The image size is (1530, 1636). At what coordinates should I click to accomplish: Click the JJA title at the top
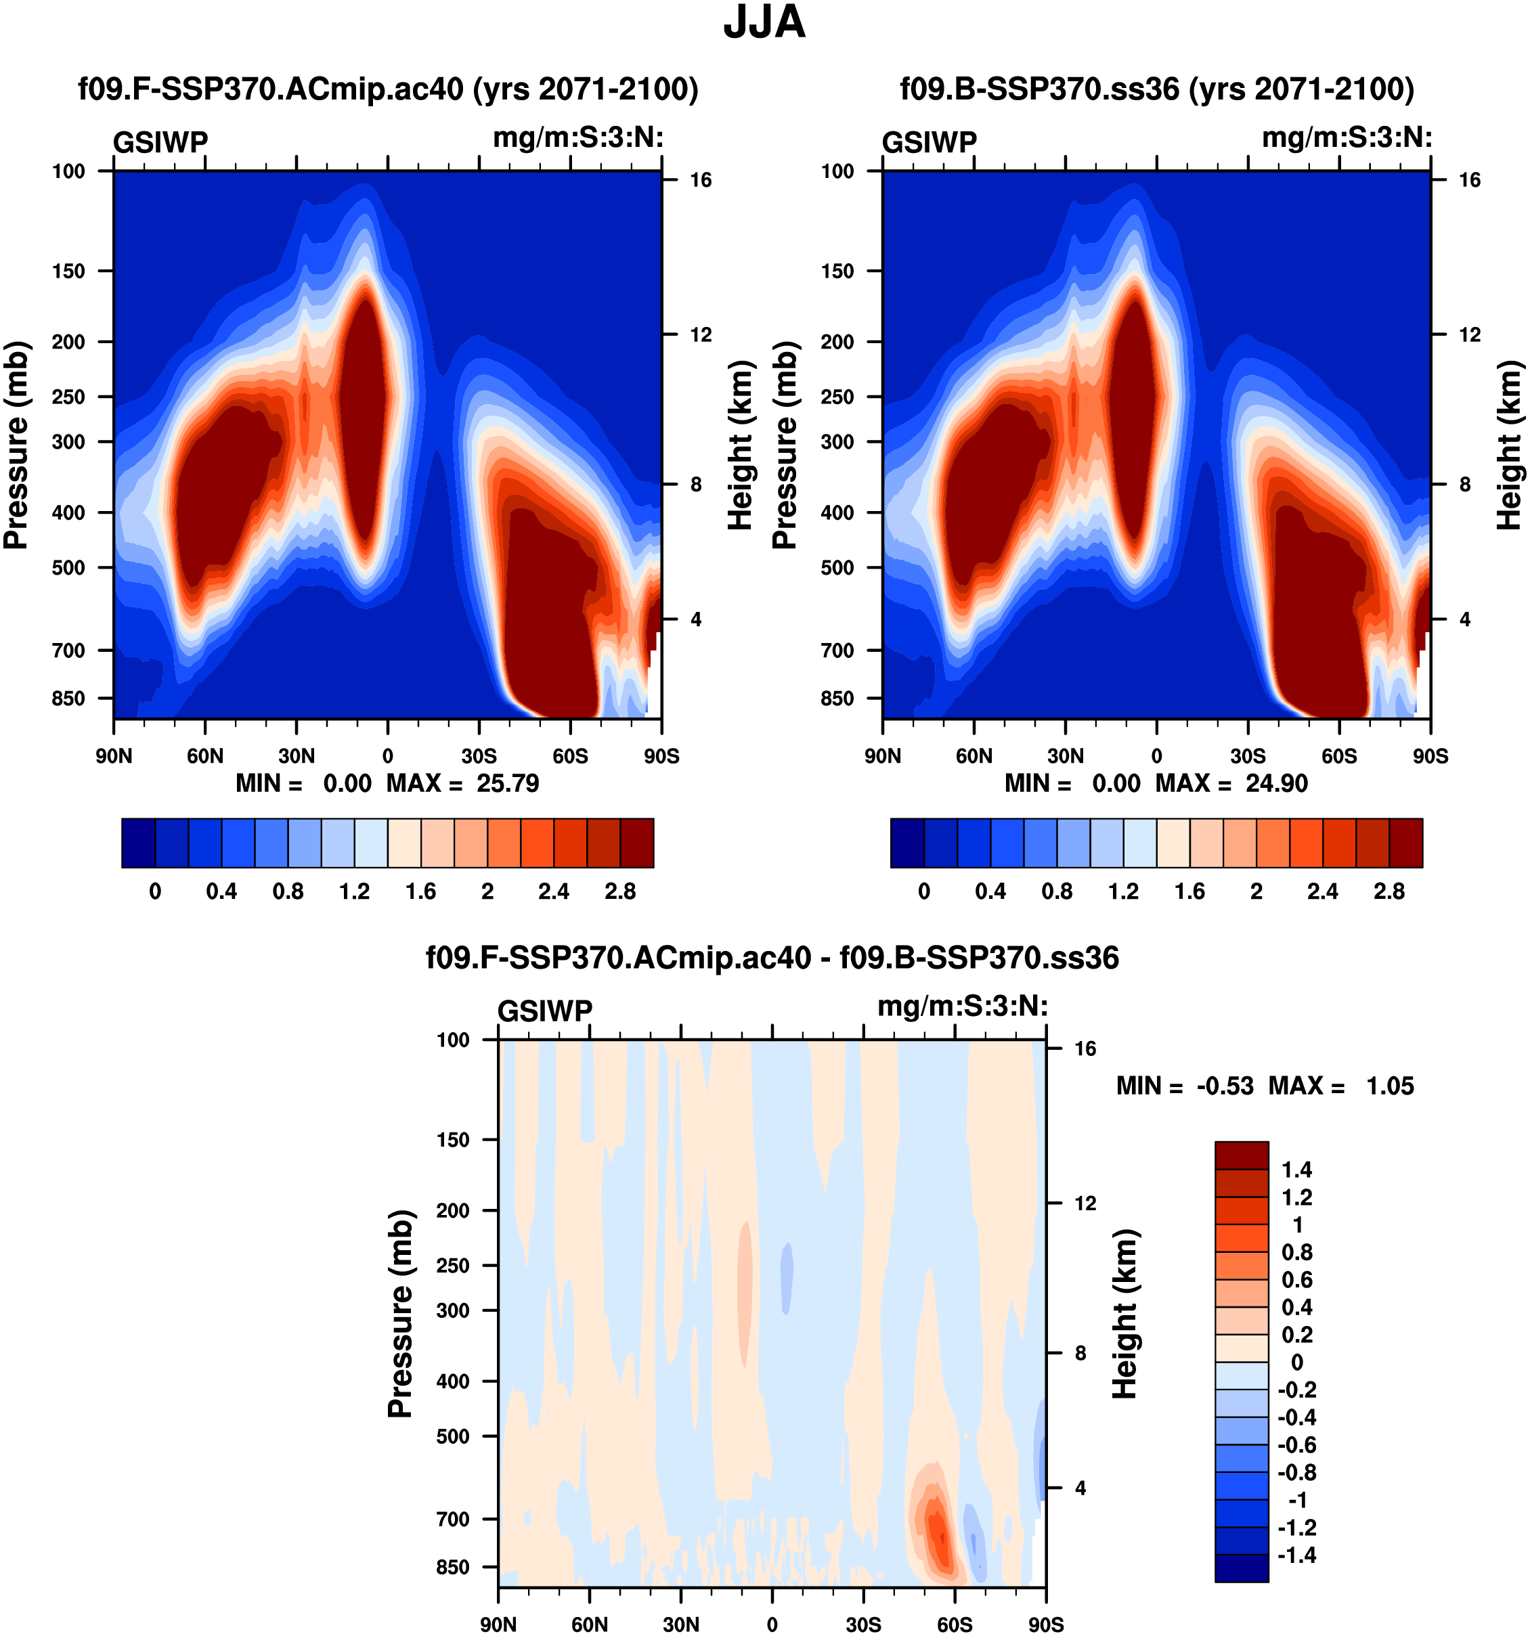764,23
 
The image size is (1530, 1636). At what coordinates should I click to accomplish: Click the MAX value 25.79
507,782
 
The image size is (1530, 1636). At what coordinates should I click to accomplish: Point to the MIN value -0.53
1225,1086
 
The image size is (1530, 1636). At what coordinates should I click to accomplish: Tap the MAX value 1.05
1389,1086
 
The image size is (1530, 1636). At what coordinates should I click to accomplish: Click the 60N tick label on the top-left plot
205,755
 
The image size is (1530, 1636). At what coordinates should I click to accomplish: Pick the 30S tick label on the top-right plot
1248,755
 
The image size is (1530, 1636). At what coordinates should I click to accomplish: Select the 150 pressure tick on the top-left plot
68,271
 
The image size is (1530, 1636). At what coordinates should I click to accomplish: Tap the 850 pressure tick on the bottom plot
453,1567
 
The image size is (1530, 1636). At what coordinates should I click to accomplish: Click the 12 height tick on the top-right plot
1469,335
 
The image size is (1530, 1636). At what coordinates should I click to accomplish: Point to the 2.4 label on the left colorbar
553,891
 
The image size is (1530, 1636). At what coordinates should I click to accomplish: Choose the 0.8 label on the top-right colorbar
1057,891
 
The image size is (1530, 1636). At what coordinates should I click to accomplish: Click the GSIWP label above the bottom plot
545,1011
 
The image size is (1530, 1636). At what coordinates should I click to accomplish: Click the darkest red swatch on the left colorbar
637,843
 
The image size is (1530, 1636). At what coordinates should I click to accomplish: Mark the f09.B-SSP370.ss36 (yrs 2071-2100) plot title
1156,88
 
